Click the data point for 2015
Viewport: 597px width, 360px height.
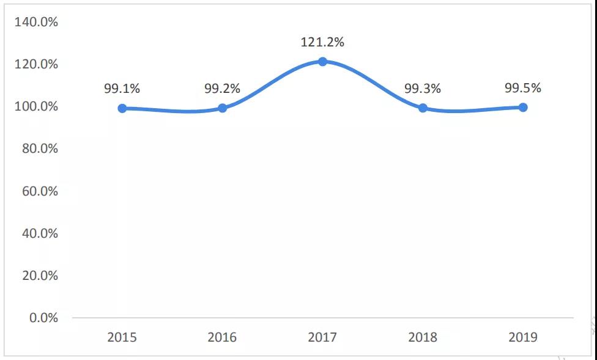(122, 108)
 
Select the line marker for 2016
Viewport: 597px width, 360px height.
(223, 108)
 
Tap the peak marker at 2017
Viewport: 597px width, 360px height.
(322, 62)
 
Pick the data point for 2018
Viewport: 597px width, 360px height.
(423, 108)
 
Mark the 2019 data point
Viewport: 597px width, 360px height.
(523, 108)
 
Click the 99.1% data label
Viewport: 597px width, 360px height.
(122, 89)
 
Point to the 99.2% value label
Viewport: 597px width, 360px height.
(222, 89)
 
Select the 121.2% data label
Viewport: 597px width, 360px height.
(322, 42)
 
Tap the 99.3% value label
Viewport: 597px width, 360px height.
(423, 89)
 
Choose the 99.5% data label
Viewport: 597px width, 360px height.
(523, 88)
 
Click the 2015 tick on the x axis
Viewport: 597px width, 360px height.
(122, 337)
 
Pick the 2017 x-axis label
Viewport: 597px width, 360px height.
(322, 337)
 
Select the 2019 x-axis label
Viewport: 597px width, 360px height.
(523, 337)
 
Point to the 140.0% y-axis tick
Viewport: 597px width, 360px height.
(35, 22)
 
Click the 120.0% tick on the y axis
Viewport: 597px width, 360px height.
(35, 64)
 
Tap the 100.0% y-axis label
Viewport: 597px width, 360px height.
(35, 106)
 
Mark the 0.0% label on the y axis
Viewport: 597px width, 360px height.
(42, 318)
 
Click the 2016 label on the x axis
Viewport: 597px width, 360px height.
(222, 337)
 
